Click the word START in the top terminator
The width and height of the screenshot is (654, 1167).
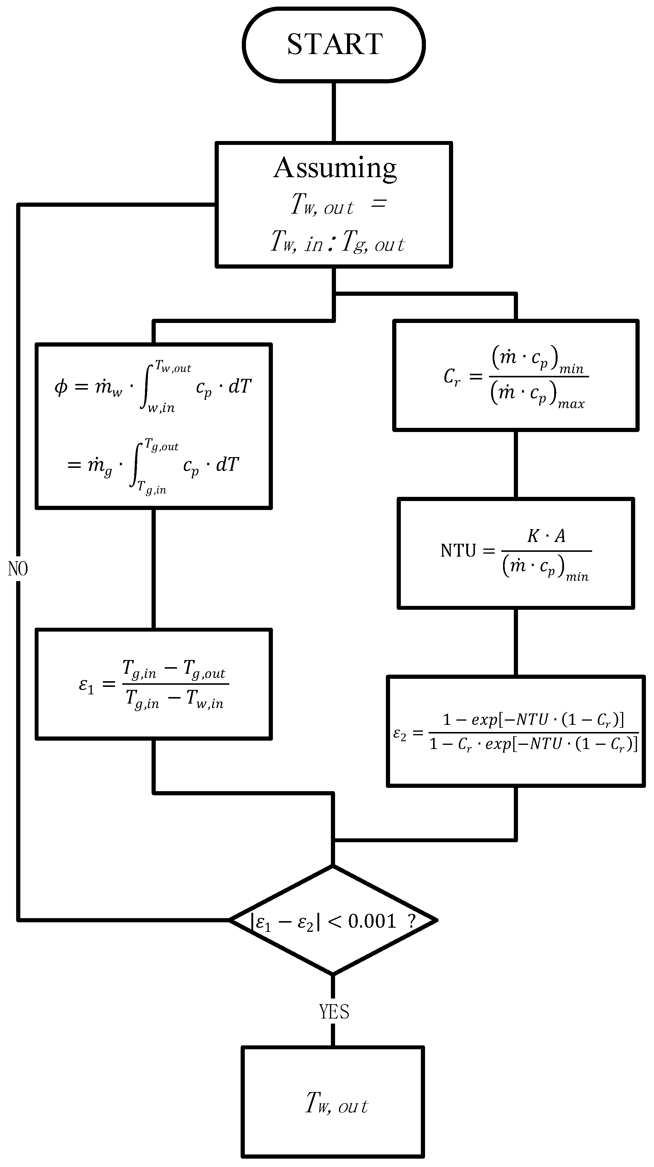(x=334, y=45)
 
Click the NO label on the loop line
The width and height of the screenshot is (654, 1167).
(x=18, y=569)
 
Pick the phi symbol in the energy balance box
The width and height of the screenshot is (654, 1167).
(x=61, y=387)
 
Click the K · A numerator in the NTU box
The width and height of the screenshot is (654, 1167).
(x=546, y=536)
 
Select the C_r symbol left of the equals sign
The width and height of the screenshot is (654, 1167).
(x=451, y=376)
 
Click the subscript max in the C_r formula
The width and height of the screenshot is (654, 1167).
(x=571, y=404)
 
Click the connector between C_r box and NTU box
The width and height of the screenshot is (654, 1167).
(x=516, y=464)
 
